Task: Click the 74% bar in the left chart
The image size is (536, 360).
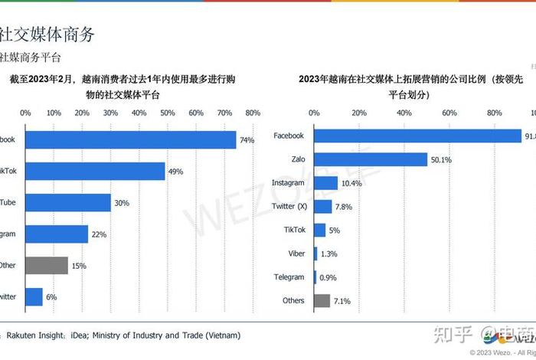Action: [x=130, y=140]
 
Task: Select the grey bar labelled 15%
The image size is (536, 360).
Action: [x=47, y=265]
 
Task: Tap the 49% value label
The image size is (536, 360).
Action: [x=176, y=172]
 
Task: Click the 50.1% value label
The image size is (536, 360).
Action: [x=441, y=159]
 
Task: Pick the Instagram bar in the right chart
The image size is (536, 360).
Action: [x=325, y=183]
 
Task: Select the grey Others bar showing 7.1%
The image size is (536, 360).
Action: [x=322, y=301]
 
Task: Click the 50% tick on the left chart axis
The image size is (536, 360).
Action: [x=168, y=113]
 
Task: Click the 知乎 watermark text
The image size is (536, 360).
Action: [x=451, y=335]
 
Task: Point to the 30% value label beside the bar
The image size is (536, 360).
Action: [x=122, y=203]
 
